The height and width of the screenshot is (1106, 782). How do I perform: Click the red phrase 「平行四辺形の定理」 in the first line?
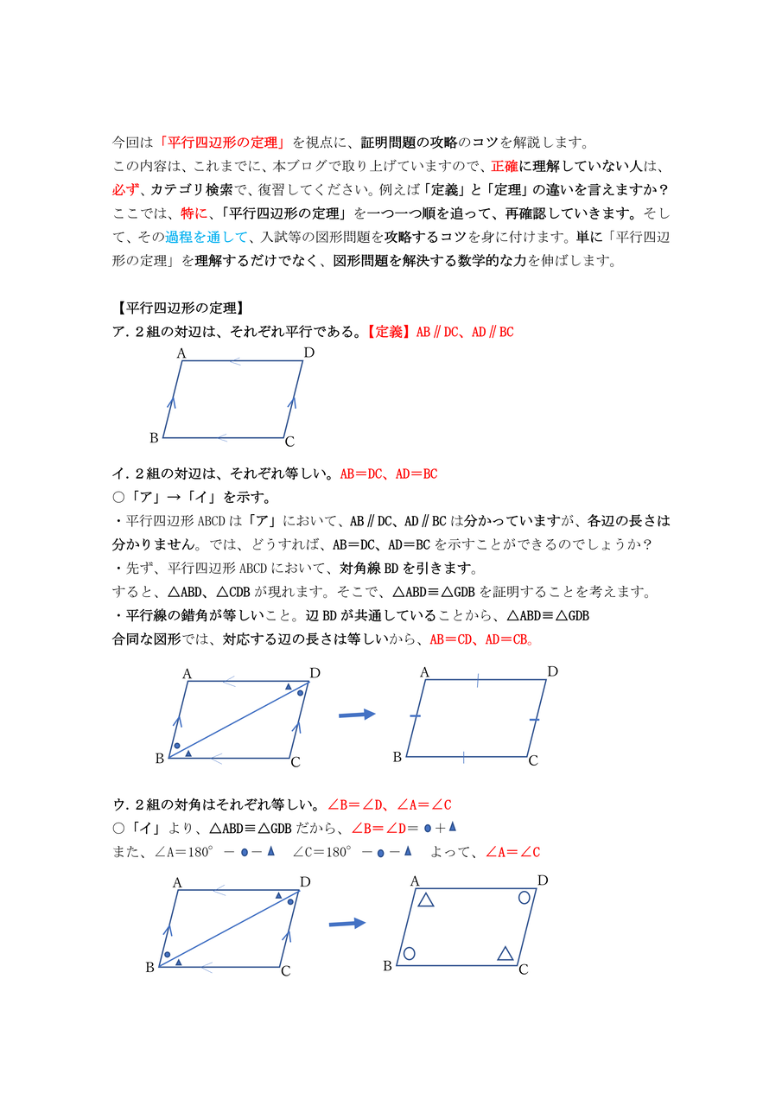click(x=227, y=143)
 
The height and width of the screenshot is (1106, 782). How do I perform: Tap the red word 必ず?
click(x=126, y=189)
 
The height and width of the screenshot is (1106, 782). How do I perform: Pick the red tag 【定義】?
click(x=387, y=331)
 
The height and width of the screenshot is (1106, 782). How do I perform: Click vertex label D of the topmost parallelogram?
click(x=308, y=353)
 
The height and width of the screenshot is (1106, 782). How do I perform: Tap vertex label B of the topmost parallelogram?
click(x=154, y=438)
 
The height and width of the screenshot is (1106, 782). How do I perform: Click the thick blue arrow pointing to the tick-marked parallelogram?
click(x=356, y=714)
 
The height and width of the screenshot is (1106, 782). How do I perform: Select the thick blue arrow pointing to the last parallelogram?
click(x=346, y=923)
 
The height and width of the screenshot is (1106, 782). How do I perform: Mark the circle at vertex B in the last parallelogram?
click(x=410, y=953)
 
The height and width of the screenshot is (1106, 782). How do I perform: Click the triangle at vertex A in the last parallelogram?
click(x=425, y=900)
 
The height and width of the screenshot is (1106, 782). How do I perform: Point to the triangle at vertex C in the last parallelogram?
click(x=505, y=953)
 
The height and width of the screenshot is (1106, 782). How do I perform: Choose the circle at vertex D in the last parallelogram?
click(x=525, y=898)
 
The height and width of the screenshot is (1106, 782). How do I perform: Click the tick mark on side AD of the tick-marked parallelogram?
click(x=477, y=680)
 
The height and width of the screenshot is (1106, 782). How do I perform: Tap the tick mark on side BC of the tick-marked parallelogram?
click(x=464, y=758)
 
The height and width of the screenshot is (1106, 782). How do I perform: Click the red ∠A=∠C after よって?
click(x=512, y=852)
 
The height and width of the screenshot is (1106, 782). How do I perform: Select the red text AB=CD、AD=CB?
click(x=480, y=640)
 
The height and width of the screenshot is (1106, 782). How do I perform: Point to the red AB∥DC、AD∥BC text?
click(x=465, y=331)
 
